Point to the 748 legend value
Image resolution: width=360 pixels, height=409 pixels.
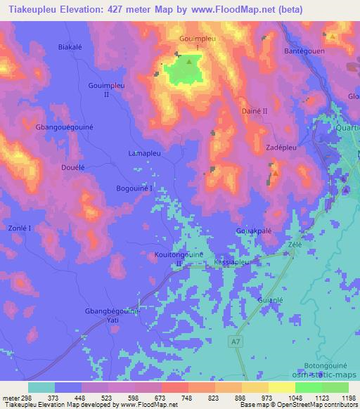(x=188, y=397)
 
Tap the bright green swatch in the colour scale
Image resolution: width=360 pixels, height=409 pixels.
(x=309, y=387)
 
